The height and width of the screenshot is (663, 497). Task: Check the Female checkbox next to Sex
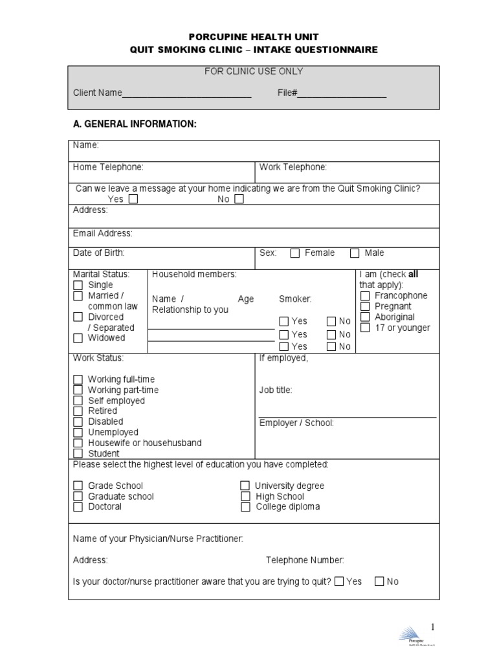(x=295, y=253)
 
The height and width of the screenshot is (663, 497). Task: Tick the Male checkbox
(x=355, y=253)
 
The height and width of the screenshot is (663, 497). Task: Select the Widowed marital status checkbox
(x=78, y=338)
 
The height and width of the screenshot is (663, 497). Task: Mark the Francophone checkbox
(x=364, y=296)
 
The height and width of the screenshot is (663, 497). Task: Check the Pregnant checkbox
(x=364, y=306)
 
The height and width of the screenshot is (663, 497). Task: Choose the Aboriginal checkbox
(x=364, y=317)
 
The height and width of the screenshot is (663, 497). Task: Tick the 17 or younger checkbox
(x=364, y=328)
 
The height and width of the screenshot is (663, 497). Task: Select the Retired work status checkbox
(x=78, y=411)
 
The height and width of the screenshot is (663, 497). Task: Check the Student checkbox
(x=78, y=454)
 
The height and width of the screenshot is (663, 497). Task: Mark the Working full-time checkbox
(x=78, y=379)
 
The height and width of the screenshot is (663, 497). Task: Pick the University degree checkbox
(x=245, y=486)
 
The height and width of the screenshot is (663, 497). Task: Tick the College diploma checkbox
(x=245, y=507)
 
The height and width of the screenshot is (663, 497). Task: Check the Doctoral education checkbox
(x=78, y=507)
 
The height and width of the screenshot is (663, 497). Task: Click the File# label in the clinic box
(x=287, y=93)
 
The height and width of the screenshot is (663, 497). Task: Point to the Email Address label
(x=102, y=233)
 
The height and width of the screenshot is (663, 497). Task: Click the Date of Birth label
(x=98, y=253)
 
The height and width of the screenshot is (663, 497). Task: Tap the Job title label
(x=276, y=390)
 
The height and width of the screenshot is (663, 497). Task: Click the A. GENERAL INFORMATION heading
(x=135, y=124)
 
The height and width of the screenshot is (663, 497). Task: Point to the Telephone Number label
(x=305, y=560)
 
